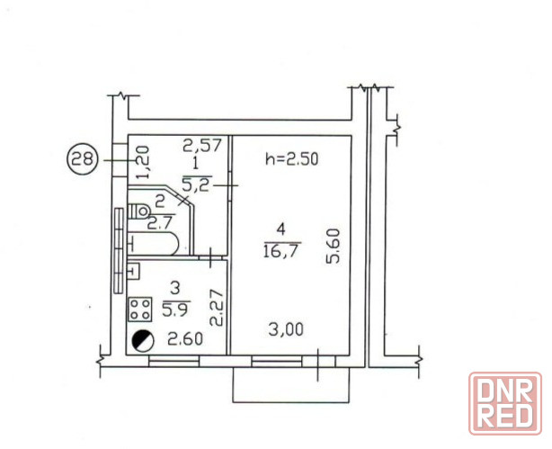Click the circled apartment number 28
[82, 159]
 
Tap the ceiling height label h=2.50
[292, 159]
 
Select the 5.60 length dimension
[333, 246]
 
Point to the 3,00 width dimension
[286, 330]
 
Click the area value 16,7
[282, 251]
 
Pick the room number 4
[280, 230]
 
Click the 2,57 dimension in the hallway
[202, 145]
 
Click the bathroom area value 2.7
[160, 223]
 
